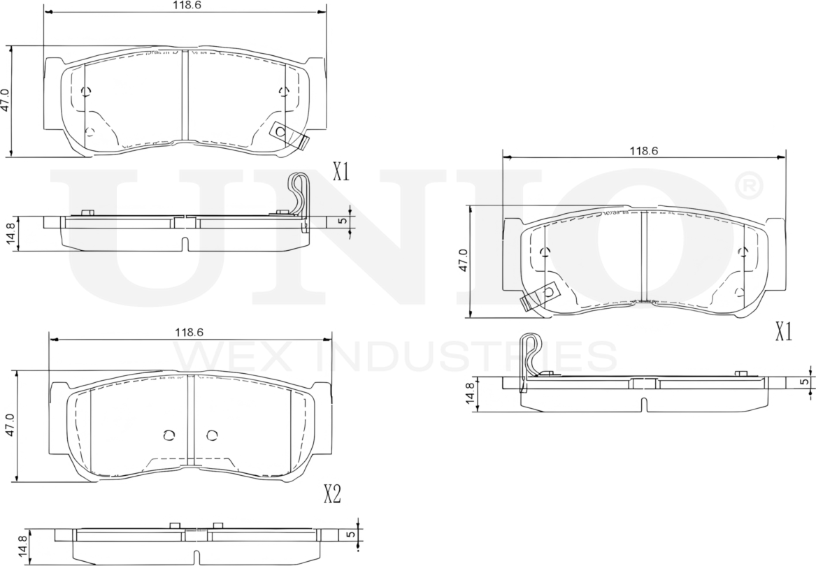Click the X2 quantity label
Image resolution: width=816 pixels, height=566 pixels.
click(x=332, y=495)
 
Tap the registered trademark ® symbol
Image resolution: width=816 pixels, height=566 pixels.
click(x=748, y=185)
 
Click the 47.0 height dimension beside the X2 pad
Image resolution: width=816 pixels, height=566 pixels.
click(x=9, y=425)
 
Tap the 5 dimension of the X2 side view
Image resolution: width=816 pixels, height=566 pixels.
click(x=350, y=534)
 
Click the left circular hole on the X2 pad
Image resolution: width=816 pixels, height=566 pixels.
click(x=168, y=435)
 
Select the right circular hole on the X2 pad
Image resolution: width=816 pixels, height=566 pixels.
click(x=212, y=435)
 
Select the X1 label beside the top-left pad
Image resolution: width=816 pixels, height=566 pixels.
click(x=341, y=171)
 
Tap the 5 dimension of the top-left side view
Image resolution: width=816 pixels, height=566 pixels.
click(x=342, y=221)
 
